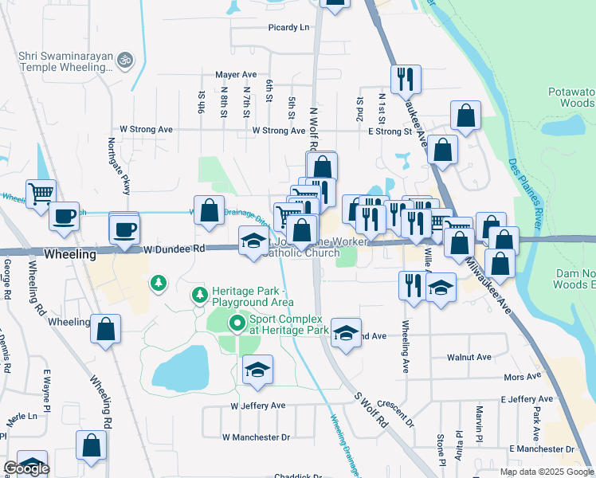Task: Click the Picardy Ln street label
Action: pos(288,27)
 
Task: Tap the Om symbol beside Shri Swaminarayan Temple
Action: pos(124,59)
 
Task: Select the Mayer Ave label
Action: pos(235,75)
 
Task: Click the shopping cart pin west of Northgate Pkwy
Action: pos(41,194)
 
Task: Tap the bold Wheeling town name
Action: pos(70,254)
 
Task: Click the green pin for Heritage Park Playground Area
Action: pos(198,296)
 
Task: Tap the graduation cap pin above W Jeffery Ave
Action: pos(257,371)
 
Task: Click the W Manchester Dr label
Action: pos(256,437)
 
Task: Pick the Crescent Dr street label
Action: pos(398,414)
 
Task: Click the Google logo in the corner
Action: pos(26,468)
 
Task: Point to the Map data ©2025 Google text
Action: pos(547,472)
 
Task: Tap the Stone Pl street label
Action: pos(440,449)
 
